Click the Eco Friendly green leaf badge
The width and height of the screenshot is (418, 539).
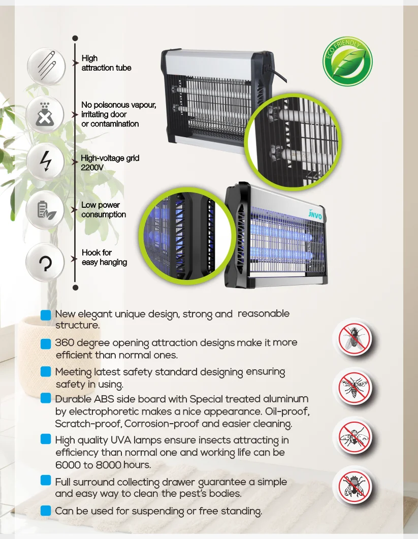(x=348, y=61)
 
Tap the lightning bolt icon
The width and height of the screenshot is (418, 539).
(x=46, y=161)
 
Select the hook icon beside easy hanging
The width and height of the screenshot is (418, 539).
(x=45, y=263)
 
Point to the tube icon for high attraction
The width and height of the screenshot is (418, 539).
(x=46, y=65)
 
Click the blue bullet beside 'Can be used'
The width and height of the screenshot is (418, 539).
(x=46, y=510)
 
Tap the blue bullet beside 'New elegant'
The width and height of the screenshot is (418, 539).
(x=46, y=314)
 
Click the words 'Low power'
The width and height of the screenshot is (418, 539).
(x=101, y=205)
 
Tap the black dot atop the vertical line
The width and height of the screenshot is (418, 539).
(x=75, y=38)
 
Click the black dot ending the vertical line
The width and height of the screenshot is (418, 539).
(x=75, y=288)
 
